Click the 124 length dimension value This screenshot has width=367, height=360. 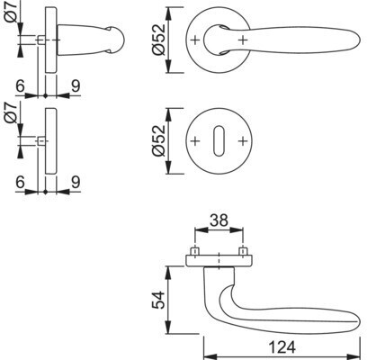coord(282,347)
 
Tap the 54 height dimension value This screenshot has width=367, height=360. coord(158,300)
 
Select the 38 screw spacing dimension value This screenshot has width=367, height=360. coord(219,220)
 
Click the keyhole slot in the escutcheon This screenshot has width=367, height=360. coord(219,140)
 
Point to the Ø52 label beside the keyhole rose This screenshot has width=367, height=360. coord(158,140)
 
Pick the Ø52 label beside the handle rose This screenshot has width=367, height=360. coord(158,40)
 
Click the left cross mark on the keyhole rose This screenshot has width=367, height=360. coord(195,140)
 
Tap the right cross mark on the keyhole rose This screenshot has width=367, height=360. coord(243,140)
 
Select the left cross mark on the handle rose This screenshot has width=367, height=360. coord(195,40)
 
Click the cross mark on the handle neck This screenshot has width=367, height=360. coord(243,40)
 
